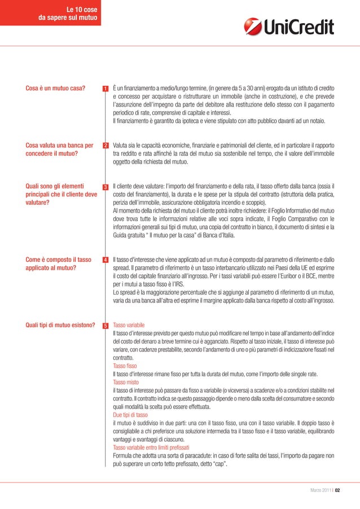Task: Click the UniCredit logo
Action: (x=288, y=26)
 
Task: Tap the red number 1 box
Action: (x=106, y=89)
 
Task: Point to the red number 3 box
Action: (x=106, y=187)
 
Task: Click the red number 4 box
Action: (x=106, y=260)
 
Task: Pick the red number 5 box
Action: (x=106, y=326)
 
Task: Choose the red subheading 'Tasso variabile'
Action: (x=129, y=326)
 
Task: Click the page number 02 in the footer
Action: (x=337, y=490)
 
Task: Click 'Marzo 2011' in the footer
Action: (x=321, y=490)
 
